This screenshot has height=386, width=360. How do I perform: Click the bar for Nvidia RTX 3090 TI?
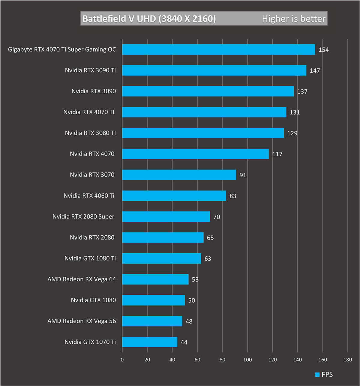(214, 70)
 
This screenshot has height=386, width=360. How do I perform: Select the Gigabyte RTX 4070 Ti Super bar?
(218, 50)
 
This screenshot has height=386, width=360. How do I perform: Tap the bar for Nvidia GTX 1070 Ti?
(150, 342)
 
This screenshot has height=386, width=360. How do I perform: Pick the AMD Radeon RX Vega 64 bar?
(155, 279)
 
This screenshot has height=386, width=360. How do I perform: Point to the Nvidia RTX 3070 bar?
(179, 175)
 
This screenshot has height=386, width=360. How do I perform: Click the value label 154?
(324, 50)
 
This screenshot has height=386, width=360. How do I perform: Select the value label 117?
(277, 154)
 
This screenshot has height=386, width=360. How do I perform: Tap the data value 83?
(233, 196)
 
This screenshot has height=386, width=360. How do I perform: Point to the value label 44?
(184, 342)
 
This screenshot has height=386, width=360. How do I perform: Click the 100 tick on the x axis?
(247, 360)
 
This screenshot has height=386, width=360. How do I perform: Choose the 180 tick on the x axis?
(348, 360)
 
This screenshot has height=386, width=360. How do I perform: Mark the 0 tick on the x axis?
(122, 360)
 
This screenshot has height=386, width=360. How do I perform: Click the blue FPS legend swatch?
(317, 375)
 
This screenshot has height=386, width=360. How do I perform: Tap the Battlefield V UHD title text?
(149, 19)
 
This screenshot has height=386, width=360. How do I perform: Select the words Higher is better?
(293, 19)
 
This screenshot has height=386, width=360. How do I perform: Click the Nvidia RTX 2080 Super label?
(83, 216)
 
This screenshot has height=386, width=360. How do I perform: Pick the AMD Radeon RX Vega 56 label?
(82, 321)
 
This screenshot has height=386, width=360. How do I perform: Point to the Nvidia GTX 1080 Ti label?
(90, 258)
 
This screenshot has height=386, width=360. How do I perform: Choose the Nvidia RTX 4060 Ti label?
(89, 196)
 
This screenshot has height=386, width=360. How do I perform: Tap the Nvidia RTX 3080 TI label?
(90, 133)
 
